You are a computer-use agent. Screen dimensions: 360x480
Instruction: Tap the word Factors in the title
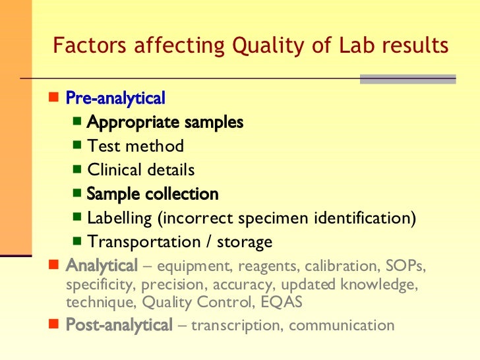pyautogui.click(x=88, y=46)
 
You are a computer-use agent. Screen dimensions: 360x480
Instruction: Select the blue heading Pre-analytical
pyautogui.click(x=115, y=98)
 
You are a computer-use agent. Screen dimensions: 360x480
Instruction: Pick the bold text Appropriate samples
pyautogui.click(x=165, y=122)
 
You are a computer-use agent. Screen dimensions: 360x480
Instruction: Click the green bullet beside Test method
pyautogui.click(x=77, y=145)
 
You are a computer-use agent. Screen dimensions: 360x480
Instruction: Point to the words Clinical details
pyautogui.click(x=141, y=170)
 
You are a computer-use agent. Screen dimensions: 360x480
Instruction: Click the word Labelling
pyautogui.click(x=119, y=218)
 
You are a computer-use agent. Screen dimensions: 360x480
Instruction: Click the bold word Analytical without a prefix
pyautogui.click(x=102, y=266)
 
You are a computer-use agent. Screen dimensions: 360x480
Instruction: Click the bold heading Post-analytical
pyautogui.click(x=119, y=325)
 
